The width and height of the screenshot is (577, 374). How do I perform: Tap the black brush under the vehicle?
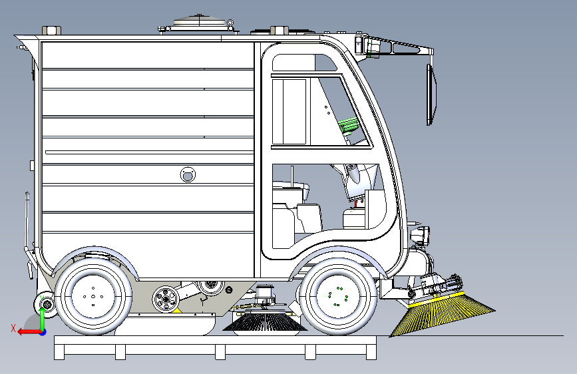pos(265,321)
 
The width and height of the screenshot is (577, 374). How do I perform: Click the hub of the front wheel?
pos(338,296)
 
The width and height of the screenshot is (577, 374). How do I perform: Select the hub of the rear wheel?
pos(93,296)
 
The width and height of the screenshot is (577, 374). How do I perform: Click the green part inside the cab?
pos(348,125)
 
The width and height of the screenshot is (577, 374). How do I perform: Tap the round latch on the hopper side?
pos(188,174)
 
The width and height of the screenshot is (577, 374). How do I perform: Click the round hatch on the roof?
pos(200,23)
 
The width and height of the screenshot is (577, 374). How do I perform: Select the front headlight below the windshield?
pos(420,236)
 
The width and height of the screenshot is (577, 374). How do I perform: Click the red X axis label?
pos(13,328)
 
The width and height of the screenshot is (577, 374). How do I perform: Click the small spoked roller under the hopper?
pos(166,299)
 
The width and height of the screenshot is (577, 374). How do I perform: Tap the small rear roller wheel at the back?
pos(47,304)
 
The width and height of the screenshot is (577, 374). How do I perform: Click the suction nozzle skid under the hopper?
pos(165,325)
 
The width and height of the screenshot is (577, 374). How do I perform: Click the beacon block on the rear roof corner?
pos(51,30)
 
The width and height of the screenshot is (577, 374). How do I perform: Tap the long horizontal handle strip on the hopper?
pos(149,152)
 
